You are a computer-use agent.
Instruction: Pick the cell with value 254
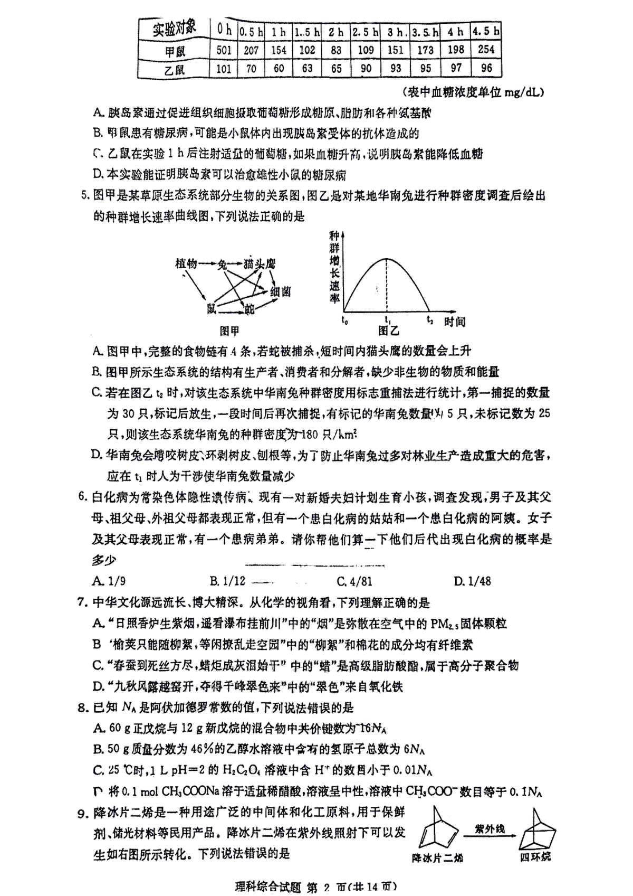pyautogui.click(x=486, y=49)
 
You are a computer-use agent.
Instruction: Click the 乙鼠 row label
pyautogui.click(x=175, y=69)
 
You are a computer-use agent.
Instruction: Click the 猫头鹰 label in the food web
pyautogui.click(x=260, y=264)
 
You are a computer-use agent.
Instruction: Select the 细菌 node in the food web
pyautogui.click(x=281, y=291)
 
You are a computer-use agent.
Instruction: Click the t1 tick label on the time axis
pyautogui.click(x=387, y=320)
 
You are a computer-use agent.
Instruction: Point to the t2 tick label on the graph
pyautogui.click(x=430, y=320)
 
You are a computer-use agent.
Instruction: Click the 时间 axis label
pyautogui.click(x=454, y=321)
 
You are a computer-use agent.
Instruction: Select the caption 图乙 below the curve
pyautogui.click(x=389, y=331)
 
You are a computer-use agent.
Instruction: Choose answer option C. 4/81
pyautogui.click(x=354, y=581)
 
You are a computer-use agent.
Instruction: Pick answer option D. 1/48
pyautogui.click(x=472, y=581)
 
